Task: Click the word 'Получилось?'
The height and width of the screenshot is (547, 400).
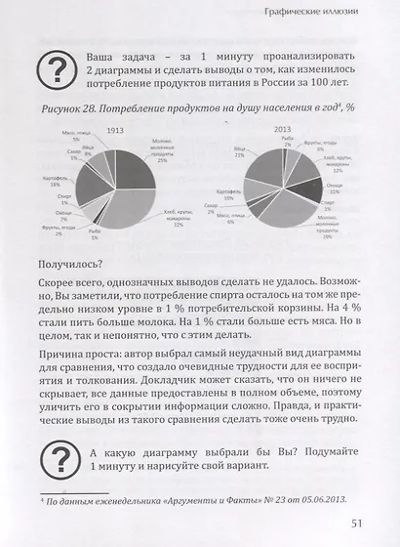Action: click(70, 264)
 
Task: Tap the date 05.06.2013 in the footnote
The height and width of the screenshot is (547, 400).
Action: click(280, 502)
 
